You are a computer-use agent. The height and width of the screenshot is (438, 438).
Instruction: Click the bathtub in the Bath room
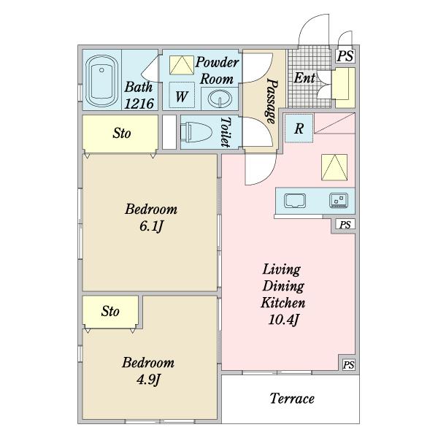click(x=101, y=81)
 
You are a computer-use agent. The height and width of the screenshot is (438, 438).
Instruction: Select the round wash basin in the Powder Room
click(x=220, y=99)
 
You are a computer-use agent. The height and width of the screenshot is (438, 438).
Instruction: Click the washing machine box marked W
click(x=182, y=95)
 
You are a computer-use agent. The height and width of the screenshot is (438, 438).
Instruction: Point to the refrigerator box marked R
click(x=299, y=128)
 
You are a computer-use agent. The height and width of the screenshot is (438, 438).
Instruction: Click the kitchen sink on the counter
click(x=295, y=201)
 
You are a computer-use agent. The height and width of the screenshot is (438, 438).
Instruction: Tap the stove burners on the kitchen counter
click(x=339, y=200)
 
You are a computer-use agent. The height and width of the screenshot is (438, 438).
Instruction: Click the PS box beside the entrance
click(x=345, y=56)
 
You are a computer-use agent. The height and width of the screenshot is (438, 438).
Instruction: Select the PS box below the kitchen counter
click(x=345, y=225)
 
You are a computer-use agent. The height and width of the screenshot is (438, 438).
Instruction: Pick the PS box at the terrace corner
click(x=348, y=365)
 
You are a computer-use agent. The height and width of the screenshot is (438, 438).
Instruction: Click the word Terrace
click(x=292, y=399)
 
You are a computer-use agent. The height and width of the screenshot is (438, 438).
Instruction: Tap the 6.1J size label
click(x=151, y=226)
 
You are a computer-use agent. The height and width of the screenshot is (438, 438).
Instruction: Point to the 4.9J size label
click(x=148, y=380)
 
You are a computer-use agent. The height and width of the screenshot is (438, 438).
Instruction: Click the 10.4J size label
click(x=283, y=320)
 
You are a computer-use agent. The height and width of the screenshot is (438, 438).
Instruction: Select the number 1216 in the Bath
click(x=139, y=104)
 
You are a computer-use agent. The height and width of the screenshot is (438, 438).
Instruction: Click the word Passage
click(x=272, y=101)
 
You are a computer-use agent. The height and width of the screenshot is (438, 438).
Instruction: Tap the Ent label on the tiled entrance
click(x=304, y=78)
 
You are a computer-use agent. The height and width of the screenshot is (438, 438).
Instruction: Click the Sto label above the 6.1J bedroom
click(x=122, y=134)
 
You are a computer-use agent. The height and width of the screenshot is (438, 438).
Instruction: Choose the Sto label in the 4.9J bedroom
click(x=110, y=311)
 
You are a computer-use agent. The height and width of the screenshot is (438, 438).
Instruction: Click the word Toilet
click(x=226, y=132)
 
